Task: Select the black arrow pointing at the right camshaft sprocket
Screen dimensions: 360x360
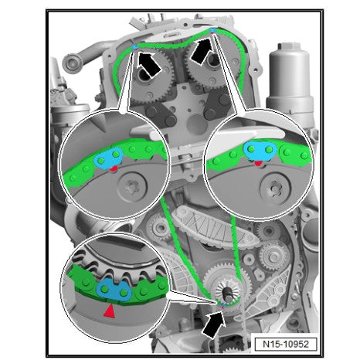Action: coord(199,54)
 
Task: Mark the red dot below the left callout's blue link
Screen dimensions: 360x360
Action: coord(114,167)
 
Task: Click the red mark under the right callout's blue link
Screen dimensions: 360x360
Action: coord(258,162)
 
